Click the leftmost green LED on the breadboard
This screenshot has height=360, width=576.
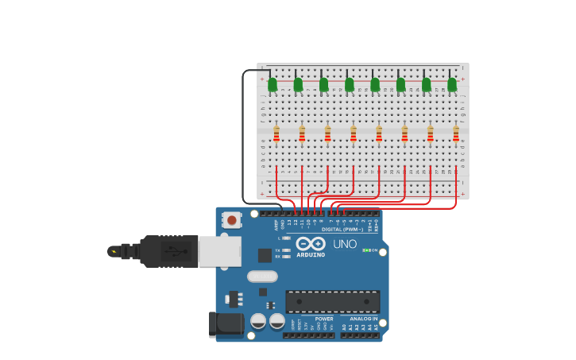click(x=273, y=84)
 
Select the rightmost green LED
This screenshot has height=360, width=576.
click(x=452, y=84)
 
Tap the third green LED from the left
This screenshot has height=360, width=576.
click(x=323, y=84)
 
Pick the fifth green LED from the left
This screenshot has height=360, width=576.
click(x=375, y=84)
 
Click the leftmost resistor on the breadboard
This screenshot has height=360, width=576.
click(x=276, y=134)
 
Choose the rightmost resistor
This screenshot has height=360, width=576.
click(x=456, y=134)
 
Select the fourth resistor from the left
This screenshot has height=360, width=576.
click(x=354, y=134)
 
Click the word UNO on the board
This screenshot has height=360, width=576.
click(x=345, y=244)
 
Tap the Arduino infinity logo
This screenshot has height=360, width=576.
click(x=311, y=244)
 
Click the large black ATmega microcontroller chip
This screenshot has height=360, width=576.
click(x=332, y=301)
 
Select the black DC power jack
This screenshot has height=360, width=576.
click(x=226, y=323)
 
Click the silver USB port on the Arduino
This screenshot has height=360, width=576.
click(x=219, y=251)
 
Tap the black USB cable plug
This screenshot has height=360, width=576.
click(x=168, y=251)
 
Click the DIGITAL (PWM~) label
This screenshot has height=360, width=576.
click(x=343, y=229)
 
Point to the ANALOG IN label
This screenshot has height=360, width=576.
click(x=364, y=319)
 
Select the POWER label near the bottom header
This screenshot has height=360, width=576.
click(x=324, y=319)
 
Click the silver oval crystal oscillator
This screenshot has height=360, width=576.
click(x=262, y=277)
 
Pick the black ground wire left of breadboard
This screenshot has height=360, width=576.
click(x=243, y=135)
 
